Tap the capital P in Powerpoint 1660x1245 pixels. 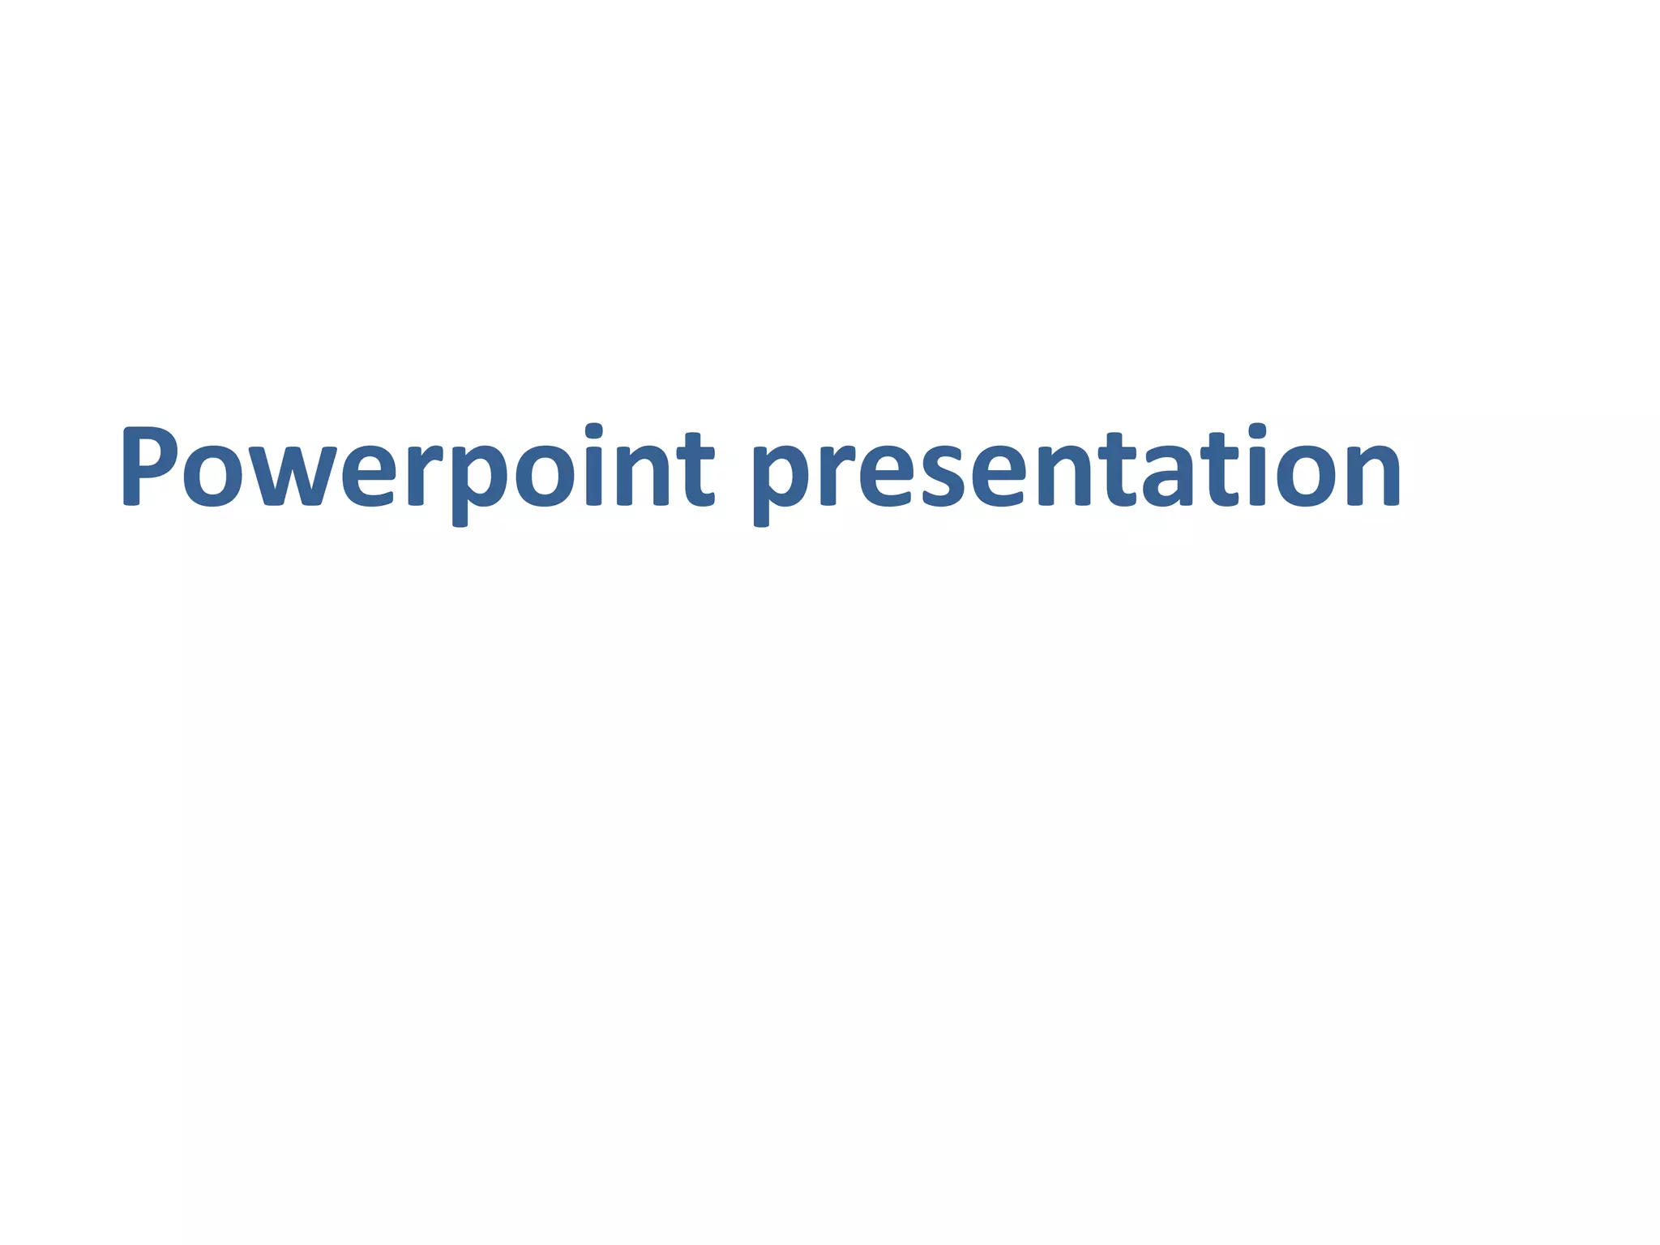coord(149,465)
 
